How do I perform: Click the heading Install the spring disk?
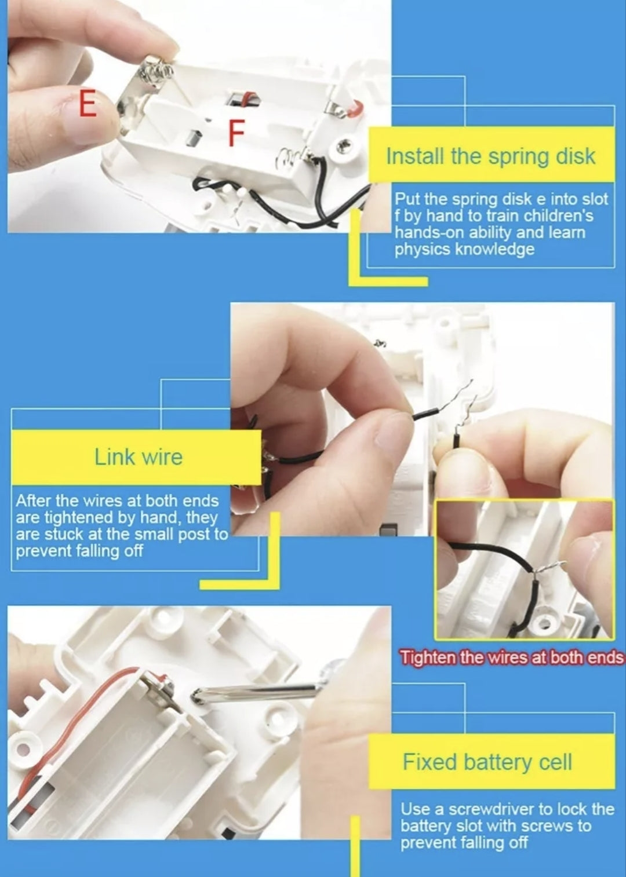click(x=490, y=156)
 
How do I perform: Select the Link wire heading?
click(x=139, y=457)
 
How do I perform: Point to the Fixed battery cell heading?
click(x=487, y=762)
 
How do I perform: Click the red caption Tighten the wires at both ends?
click(x=511, y=657)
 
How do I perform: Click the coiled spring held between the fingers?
click(x=156, y=71)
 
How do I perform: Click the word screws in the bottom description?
click(x=550, y=825)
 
